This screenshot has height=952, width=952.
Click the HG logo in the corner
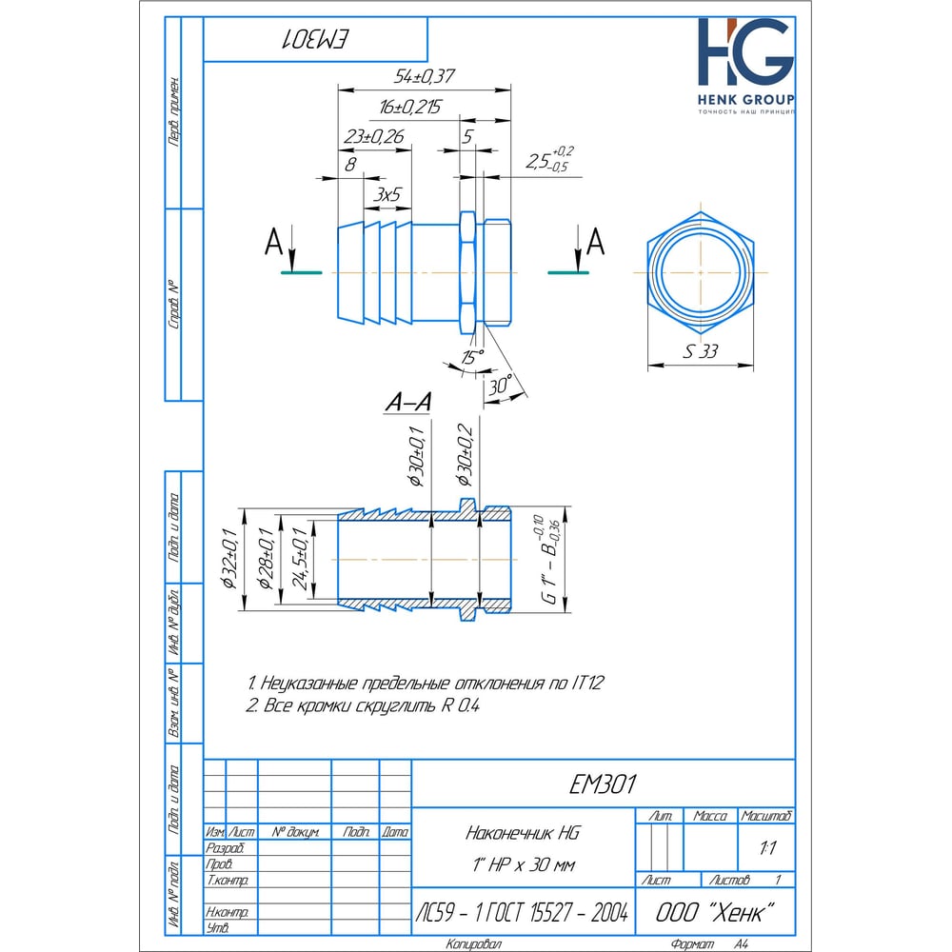coord(744,55)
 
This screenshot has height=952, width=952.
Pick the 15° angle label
coord(470,356)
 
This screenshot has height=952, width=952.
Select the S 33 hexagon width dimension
coord(700,351)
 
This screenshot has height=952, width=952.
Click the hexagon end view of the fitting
coord(701,271)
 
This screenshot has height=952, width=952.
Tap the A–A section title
coord(407,404)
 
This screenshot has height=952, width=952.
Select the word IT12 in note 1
coord(588,684)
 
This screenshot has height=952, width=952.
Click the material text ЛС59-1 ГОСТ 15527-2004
coord(523,913)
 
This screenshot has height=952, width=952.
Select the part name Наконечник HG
coord(522,833)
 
